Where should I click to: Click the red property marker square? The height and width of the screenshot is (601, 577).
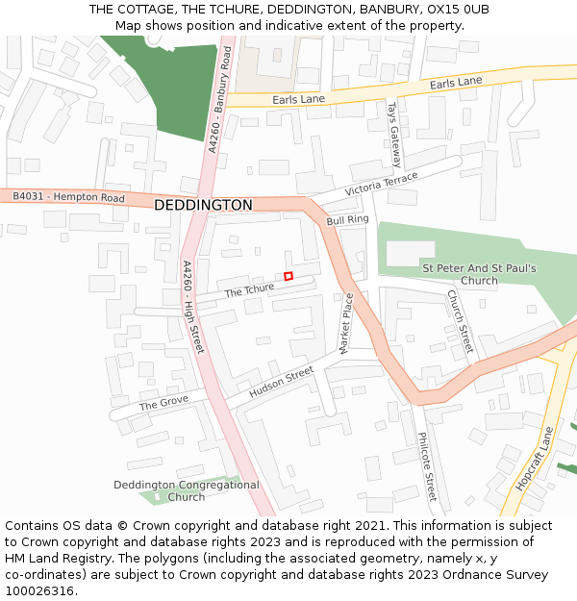288,276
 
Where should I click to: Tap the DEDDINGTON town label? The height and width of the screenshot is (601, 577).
203,205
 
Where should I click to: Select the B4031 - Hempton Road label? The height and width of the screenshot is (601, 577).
68,197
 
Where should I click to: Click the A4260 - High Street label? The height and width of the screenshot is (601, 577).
193,306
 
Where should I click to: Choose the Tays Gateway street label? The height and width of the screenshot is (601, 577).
393,135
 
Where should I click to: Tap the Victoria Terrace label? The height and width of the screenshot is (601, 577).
381,184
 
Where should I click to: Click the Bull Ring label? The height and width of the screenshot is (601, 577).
347,220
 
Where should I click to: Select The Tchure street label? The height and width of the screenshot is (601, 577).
249,288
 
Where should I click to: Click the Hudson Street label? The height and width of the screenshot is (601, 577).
281,382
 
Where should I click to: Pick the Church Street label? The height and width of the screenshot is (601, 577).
460,321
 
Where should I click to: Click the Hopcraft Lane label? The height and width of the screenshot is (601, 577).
536,459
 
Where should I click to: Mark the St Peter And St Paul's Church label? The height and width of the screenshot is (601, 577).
479,274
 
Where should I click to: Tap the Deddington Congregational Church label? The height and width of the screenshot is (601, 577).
187,490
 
